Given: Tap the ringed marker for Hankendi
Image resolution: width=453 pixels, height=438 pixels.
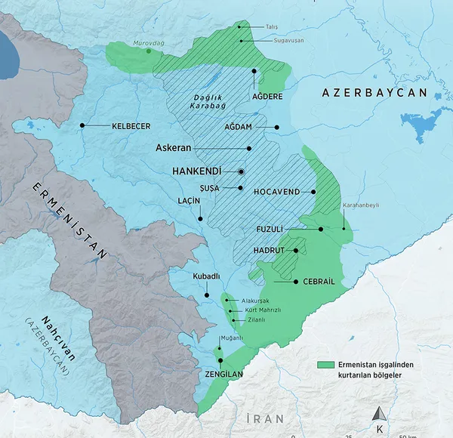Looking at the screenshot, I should coord(241,171).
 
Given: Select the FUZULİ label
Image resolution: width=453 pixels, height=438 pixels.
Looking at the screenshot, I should coord(290,229).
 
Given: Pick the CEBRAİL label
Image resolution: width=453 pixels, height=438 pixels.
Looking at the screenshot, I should coord(318,282).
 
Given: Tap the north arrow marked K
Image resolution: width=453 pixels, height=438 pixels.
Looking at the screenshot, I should coord(380,416).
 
